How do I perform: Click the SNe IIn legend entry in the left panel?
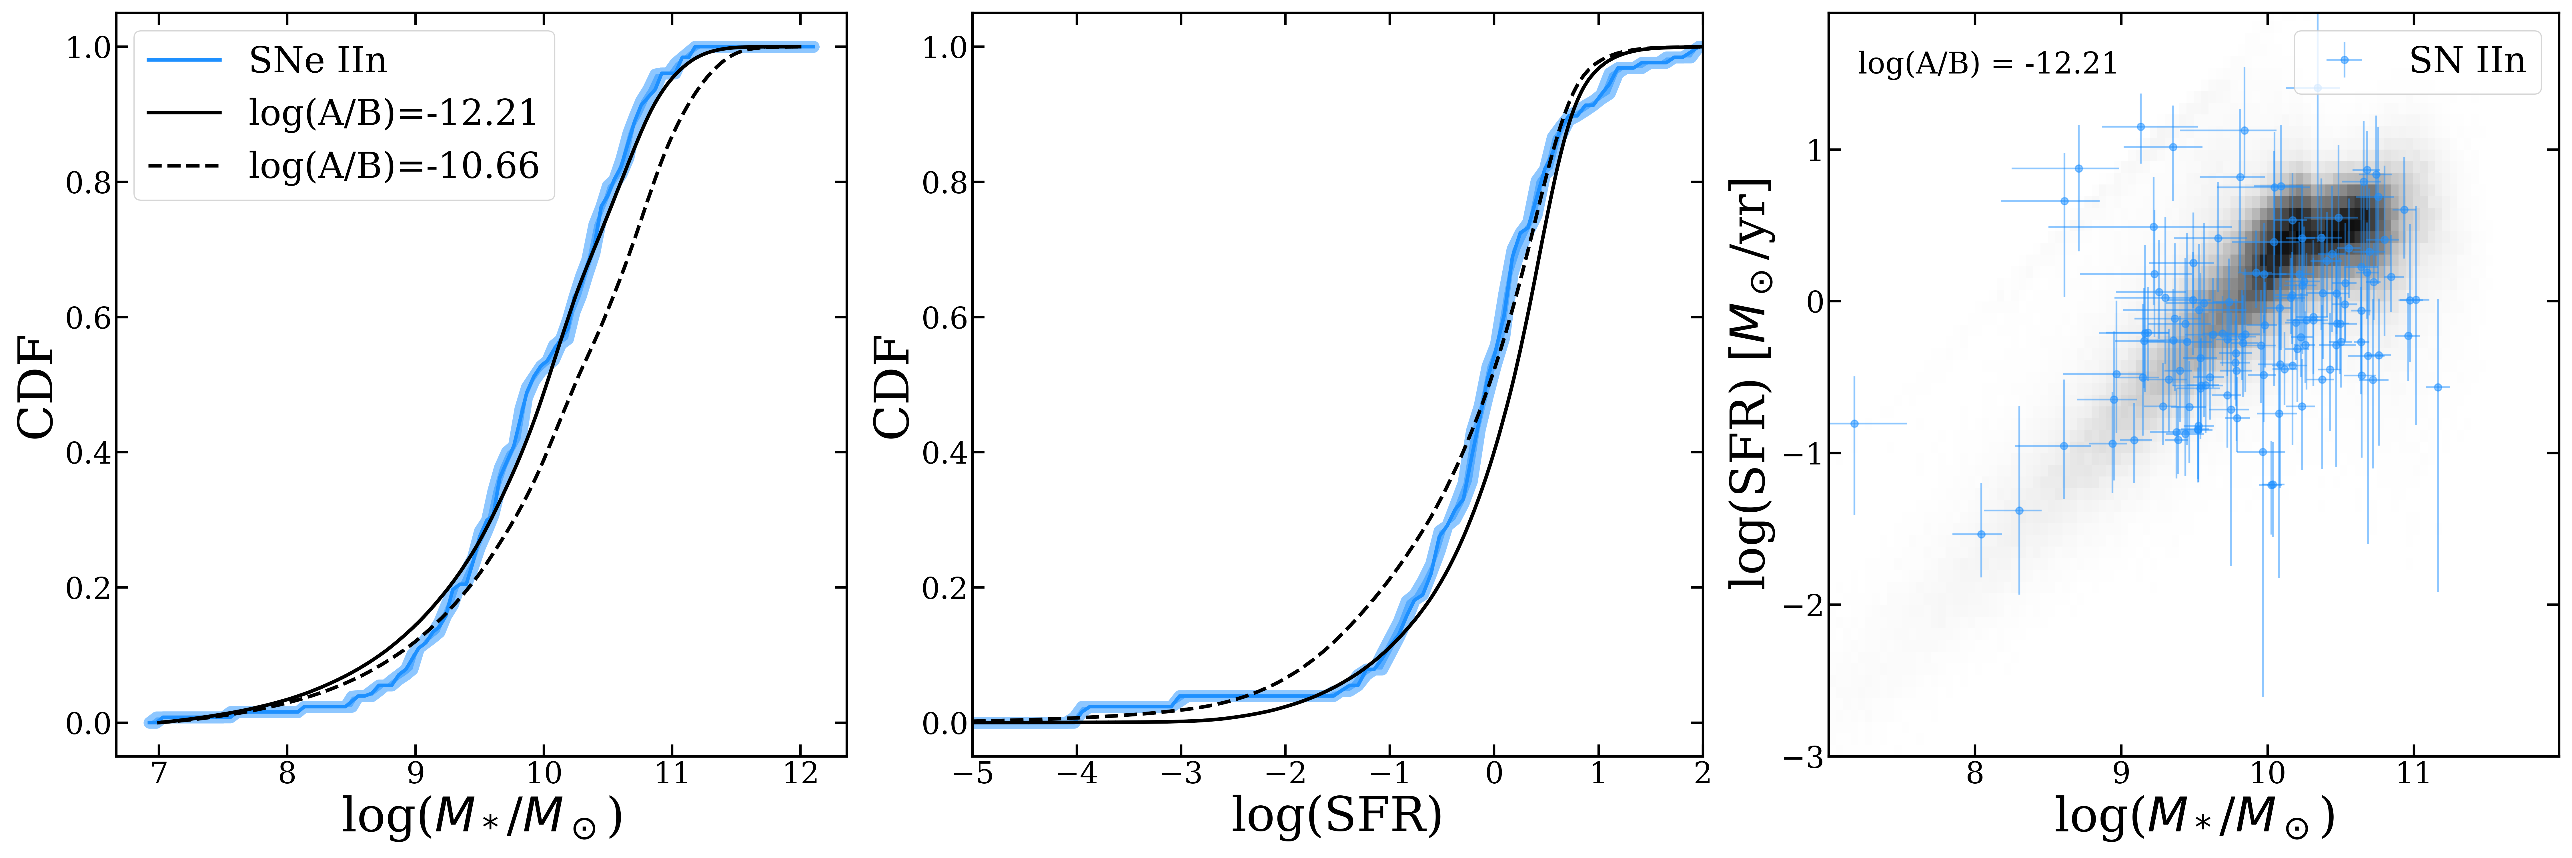click(x=317, y=61)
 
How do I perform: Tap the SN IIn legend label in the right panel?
click(x=2466, y=61)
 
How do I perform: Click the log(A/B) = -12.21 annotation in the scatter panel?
click(x=1987, y=64)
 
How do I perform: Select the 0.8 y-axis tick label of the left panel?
click(x=88, y=183)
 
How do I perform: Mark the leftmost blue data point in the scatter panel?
click(x=1854, y=424)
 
